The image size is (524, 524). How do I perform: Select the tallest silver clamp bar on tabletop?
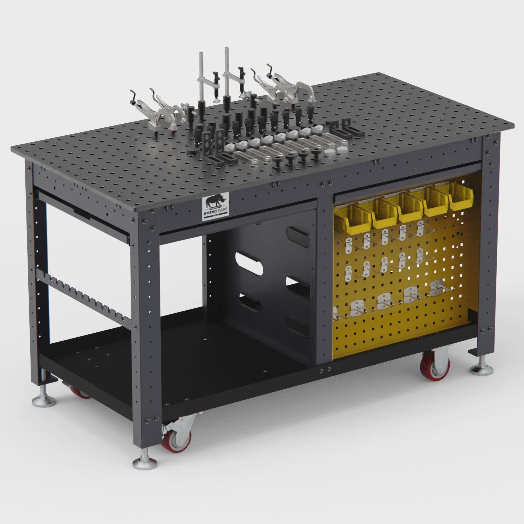pyautogui.click(x=227, y=71)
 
